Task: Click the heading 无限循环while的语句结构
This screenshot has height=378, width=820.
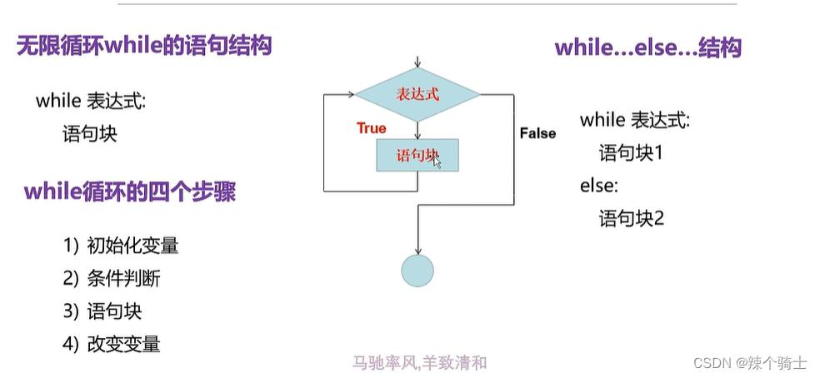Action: pos(144,45)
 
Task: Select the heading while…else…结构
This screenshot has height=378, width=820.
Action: pos(647,47)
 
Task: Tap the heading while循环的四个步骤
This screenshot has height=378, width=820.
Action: pos(129,192)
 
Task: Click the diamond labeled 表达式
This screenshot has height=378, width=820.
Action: pos(417,95)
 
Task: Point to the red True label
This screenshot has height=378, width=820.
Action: pos(372,128)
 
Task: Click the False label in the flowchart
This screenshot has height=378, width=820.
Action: pos(537,133)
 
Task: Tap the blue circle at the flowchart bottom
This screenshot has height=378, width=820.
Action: pos(417,270)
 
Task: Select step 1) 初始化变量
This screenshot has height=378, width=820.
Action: pos(121,246)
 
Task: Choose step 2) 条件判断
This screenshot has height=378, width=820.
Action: pos(112,278)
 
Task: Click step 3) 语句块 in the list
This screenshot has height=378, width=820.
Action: pos(102,311)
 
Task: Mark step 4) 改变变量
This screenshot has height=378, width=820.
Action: pos(112,344)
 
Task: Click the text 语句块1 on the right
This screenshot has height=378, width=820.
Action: pos(630,152)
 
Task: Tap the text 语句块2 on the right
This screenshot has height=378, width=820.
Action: pos(631,219)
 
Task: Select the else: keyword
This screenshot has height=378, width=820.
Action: pos(598,186)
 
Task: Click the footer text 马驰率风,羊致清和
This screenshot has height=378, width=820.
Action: pos(419,362)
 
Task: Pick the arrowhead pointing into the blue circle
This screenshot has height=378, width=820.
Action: pos(417,250)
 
